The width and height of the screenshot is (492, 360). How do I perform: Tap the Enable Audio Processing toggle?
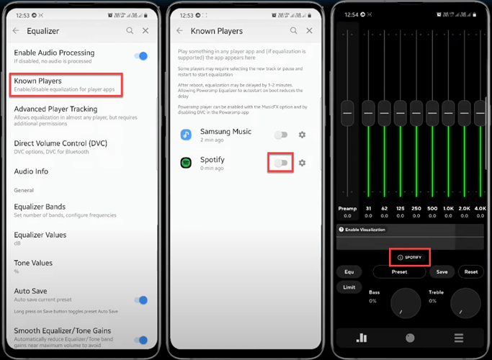point(141,56)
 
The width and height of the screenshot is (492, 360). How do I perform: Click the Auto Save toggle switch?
point(141,300)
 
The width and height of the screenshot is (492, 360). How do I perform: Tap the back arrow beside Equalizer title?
point(16,31)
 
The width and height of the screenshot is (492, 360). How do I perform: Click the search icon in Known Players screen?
point(294,31)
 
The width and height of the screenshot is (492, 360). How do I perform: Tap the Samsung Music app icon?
point(186,135)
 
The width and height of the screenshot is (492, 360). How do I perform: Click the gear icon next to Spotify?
point(302,163)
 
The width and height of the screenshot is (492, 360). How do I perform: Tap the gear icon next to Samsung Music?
point(302,135)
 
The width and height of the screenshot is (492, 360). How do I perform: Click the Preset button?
point(399,272)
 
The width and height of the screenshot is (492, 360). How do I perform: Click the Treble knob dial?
point(465,303)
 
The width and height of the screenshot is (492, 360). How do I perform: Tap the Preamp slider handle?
point(347,112)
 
